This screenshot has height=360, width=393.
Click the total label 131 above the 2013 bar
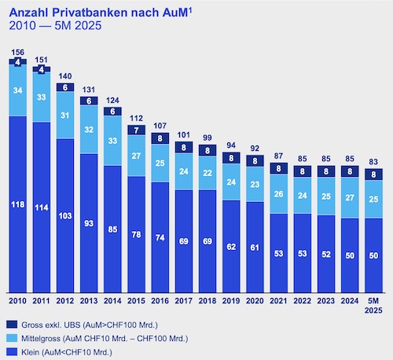[x=90, y=90]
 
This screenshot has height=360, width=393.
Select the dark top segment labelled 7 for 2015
[x=138, y=130]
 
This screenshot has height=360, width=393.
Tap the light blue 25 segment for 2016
[x=161, y=163]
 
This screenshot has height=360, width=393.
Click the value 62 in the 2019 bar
[x=232, y=246]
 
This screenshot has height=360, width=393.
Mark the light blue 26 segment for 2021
[x=279, y=193]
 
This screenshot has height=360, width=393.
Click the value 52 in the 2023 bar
[x=326, y=254]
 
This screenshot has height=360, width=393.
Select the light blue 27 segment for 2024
[x=350, y=197]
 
